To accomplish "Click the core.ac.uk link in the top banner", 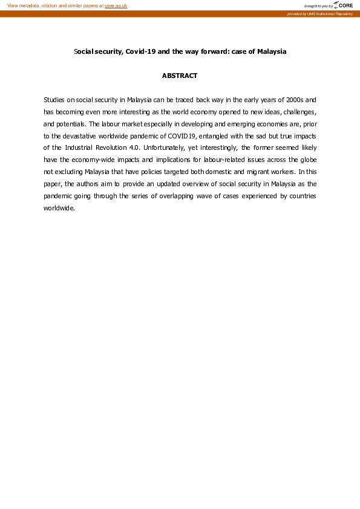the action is pos(116,5).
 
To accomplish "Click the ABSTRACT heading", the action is pos(180,76).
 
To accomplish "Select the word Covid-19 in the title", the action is pos(140,51).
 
